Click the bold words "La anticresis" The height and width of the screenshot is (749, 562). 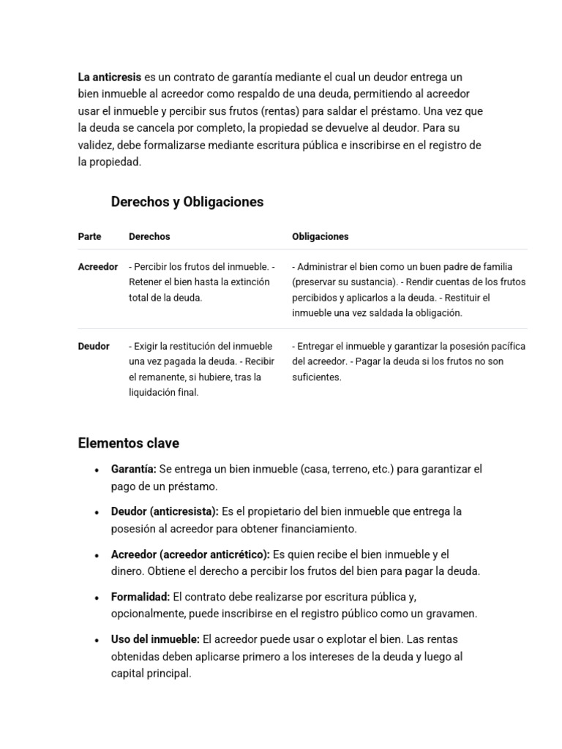point(110,77)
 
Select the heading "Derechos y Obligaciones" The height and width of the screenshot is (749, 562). point(187,202)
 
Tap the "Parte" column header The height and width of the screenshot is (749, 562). point(89,237)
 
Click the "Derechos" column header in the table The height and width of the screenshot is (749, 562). point(149,237)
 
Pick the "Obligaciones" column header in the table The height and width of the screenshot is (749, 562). point(320,237)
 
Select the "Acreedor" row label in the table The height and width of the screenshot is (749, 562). point(97,267)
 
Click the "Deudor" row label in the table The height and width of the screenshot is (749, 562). point(94,346)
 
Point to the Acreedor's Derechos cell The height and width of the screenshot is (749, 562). point(201,282)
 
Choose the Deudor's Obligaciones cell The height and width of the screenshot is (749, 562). point(408,361)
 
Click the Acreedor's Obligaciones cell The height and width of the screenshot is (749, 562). point(408,290)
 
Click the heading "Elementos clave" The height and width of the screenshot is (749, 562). point(128,443)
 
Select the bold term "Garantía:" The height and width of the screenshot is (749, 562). point(134,469)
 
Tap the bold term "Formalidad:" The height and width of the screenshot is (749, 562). point(140,598)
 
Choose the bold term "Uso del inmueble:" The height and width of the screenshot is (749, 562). point(155,640)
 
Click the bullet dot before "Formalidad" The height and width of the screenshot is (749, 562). point(97,598)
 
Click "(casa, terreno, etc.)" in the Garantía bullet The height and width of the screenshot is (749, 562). point(347,469)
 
